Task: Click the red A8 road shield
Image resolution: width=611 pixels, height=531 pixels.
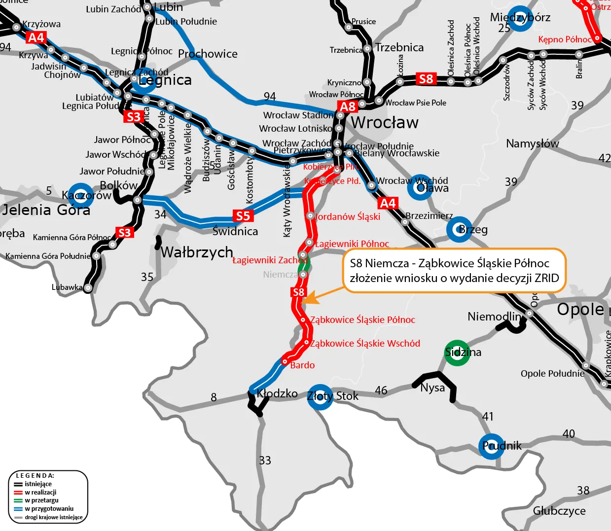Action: (x=348, y=106)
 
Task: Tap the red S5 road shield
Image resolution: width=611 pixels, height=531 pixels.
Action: (x=243, y=216)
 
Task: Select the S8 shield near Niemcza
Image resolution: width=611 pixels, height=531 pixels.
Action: (x=298, y=292)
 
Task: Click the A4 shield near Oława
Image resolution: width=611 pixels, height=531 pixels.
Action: (x=388, y=203)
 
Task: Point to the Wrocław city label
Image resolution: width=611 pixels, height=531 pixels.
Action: (x=385, y=122)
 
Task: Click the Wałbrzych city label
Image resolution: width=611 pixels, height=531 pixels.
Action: (x=197, y=252)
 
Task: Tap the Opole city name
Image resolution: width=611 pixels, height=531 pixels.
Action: (x=580, y=309)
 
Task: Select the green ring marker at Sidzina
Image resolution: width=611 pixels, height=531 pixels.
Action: (x=457, y=353)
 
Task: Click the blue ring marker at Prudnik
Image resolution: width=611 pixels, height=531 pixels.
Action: (x=492, y=447)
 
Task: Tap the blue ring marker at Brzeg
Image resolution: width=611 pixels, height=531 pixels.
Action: (x=459, y=229)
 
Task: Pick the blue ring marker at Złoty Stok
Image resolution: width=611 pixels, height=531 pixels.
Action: (x=320, y=396)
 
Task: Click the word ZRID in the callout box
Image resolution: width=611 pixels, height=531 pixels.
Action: (x=546, y=278)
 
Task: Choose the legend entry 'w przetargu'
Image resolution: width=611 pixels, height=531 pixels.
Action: (x=41, y=500)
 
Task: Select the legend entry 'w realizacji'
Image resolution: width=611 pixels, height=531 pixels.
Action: (x=40, y=492)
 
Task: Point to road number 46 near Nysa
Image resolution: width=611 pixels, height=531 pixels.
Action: (x=381, y=390)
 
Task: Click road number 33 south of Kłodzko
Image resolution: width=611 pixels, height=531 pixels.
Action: (x=265, y=460)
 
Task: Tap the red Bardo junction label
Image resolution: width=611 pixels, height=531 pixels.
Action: (x=302, y=365)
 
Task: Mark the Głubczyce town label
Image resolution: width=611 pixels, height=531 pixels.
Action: (x=559, y=511)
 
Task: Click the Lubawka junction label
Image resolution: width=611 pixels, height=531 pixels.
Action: (x=67, y=287)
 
